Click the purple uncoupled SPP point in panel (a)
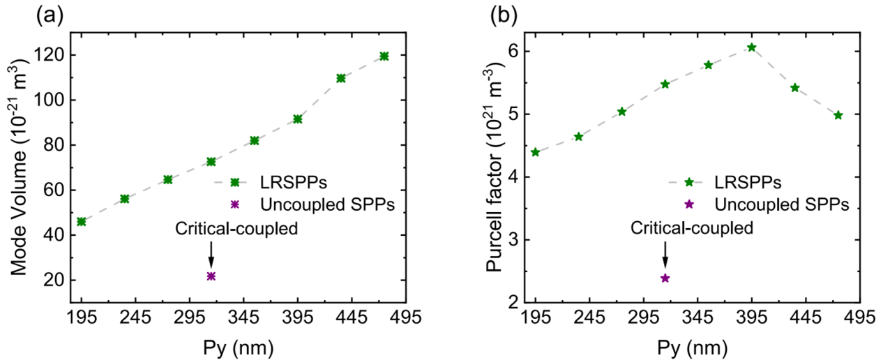(x=211, y=276)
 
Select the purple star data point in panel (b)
(x=665, y=278)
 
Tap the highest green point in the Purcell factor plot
(x=752, y=47)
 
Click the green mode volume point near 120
(x=384, y=57)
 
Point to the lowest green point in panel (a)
(x=82, y=222)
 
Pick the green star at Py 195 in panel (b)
(x=536, y=152)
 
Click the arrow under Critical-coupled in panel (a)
(x=211, y=255)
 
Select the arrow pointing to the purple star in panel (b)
(x=665, y=255)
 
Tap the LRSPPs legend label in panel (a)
(x=294, y=182)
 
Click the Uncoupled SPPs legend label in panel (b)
(x=782, y=204)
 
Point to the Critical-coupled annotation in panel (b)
(x=692, y=228)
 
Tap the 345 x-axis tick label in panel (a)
(x=243, y=317)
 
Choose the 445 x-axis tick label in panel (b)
(x=806, y=317)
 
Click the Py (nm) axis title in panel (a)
(x=238, y=348)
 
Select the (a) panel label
(x=50, y=17)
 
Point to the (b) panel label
(x=504, y=17)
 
